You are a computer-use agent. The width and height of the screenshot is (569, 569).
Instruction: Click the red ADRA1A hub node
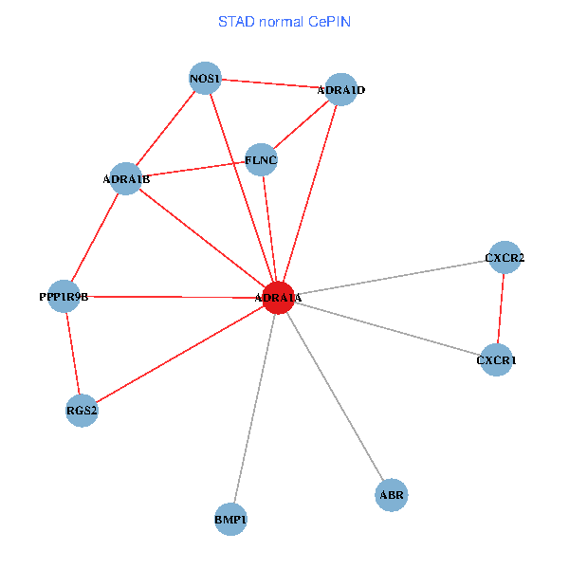(x=277, y=297)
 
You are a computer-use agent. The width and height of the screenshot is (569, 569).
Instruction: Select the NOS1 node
(x=205, y=78)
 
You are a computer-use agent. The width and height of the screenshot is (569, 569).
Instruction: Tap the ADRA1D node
(x=340, y=90)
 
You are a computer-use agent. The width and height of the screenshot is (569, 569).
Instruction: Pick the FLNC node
(x=261, y=160)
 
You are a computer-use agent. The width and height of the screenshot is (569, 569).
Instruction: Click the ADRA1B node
(x=126, y=178)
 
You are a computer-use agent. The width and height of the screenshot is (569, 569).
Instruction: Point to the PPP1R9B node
(x=64, y=296)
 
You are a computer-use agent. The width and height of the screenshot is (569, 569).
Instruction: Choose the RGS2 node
(x=83, y=411)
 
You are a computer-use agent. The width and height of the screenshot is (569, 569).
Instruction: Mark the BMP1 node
(x=230, y=520)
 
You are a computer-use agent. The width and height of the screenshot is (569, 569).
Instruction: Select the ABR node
(x=392, y=495)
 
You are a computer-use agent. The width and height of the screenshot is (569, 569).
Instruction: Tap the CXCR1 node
(x=496, y=359)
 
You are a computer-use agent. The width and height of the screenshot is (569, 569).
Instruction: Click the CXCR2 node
(x=505, y=258)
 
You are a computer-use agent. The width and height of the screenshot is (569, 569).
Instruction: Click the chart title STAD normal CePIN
(x=284, y=21)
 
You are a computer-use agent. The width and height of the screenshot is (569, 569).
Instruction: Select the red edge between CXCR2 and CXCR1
(x=501, y=308)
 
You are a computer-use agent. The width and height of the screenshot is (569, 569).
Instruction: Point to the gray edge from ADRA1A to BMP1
(x=254, y=408)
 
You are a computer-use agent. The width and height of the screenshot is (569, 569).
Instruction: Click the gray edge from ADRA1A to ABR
(x=334, y=395)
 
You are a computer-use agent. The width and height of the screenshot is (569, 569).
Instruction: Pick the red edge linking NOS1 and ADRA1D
(x=272, y=83)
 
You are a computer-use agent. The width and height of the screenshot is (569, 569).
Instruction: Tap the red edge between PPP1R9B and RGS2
(x=73, y=353)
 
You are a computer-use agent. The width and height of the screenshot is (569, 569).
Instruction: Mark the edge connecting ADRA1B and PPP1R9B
(x=95, y=237)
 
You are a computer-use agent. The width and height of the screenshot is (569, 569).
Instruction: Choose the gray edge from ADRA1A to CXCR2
(x=391, y=278)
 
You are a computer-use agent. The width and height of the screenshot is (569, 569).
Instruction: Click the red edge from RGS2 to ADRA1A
(x=180, y=354)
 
